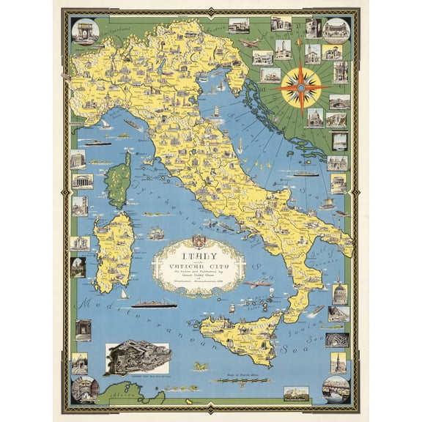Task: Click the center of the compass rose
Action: pyautogui.click(x=301, y=87)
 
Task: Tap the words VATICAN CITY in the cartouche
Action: pyautogui.click(x=199, y=268)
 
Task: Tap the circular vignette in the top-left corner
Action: pyautogui.click(x=85, y=30)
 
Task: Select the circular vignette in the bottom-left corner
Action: pyautogui.click(x=85, y=388)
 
